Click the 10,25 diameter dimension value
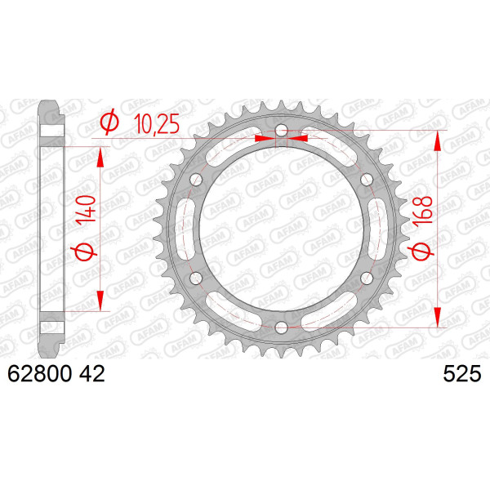click(157, 124)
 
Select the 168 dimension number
click(422, 210)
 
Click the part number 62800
click(40, 374)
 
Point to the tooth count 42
click(91, 374)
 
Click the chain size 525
click(462, 374)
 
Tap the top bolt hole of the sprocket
click(281, 131)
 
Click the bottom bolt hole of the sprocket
click(281, 327)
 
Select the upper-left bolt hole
click(196, 180)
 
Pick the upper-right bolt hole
click(367, 180)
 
